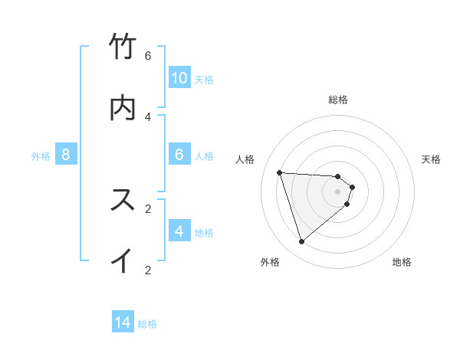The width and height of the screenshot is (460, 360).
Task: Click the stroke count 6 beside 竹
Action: (148, 55)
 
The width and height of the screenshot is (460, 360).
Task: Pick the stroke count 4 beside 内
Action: (148, 116)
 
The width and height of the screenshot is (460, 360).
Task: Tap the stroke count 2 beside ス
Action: (148, 208)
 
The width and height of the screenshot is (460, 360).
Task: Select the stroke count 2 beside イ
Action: (148, 270)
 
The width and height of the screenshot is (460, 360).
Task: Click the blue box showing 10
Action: (179, 78)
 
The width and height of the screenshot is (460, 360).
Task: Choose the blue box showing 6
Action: (179, 155)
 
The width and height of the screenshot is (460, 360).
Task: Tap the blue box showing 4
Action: (179, 231)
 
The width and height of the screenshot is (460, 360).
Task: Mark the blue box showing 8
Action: (66, 155)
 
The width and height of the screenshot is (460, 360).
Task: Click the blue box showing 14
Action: (123, 323)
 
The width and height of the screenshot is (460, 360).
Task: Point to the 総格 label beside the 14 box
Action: (147, 324)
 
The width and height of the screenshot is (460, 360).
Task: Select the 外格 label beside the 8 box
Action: (41, 156)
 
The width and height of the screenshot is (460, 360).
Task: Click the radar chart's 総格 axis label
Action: (338, 100)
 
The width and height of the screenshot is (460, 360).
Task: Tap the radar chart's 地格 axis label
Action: (402, 262)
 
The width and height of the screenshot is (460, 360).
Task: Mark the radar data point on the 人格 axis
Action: (280, 172)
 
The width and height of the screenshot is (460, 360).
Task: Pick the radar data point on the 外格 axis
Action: (302, 242)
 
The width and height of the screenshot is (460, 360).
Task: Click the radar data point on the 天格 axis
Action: (353, 187)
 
